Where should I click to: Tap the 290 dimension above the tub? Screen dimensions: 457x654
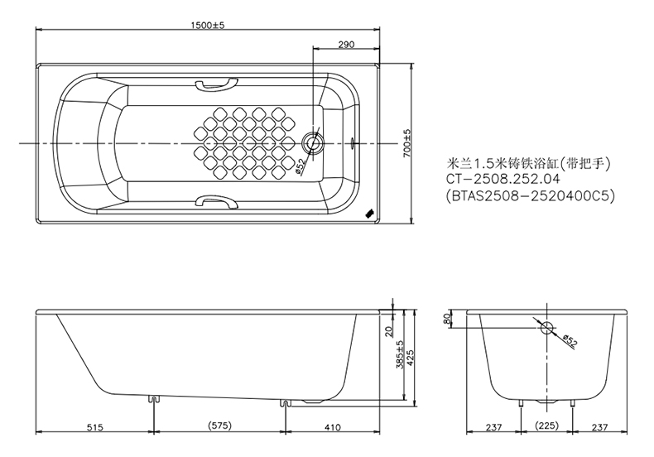click(346, 44)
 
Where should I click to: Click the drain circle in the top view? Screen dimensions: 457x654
click(313, 142)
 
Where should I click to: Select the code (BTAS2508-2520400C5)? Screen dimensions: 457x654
click(531, 197)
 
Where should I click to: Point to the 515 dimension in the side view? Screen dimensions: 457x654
click(94, 427)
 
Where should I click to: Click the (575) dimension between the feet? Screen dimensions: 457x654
click(219, 427)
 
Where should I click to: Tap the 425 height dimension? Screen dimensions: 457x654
click(411, 358)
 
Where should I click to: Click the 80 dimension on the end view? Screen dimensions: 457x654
click(448, 319)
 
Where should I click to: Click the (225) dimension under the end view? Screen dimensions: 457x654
click(547, 427)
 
